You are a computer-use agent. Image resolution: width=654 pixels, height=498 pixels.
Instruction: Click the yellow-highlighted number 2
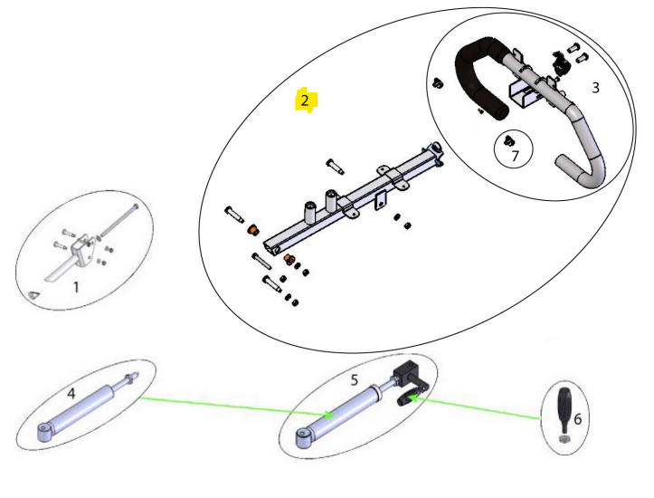point(305,101)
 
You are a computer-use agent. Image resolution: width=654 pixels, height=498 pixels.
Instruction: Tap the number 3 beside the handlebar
point(595,88)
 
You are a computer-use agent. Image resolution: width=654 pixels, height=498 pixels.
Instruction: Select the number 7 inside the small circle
point(516,156)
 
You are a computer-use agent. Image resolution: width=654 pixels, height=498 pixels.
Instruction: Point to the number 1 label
point(76,287)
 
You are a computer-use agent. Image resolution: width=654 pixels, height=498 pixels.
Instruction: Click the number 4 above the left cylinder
point(71,393)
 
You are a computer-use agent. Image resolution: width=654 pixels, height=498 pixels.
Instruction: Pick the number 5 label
point(354,380)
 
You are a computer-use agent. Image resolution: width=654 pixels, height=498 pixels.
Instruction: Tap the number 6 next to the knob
point(578,418)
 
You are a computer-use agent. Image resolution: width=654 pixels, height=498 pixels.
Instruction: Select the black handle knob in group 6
point(564,410)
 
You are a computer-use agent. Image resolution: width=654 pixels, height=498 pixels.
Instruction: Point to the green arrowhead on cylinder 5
point(329,415)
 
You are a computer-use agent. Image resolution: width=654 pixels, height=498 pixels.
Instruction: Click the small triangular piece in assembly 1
point(33,294)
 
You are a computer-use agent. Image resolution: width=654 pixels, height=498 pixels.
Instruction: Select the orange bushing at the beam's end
point(252,230)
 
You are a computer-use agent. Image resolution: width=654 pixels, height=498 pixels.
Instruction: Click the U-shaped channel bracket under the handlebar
point(523,94)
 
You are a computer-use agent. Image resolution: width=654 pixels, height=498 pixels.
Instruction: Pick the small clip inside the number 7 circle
point(507,140)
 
